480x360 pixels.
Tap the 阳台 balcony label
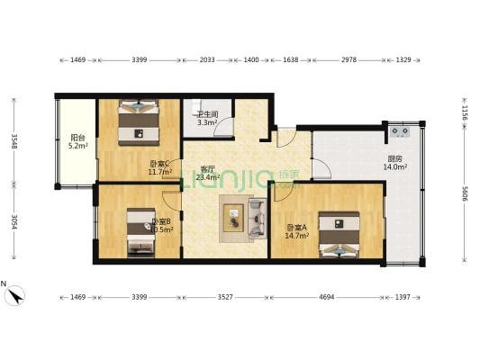pos(78,138)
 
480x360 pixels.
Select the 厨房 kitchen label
pos(395,158)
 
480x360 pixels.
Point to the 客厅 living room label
pos(207,169)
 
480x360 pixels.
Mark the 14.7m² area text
pos(297,236)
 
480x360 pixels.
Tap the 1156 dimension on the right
pos(465,112)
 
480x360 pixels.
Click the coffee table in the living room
pos(234,219)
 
